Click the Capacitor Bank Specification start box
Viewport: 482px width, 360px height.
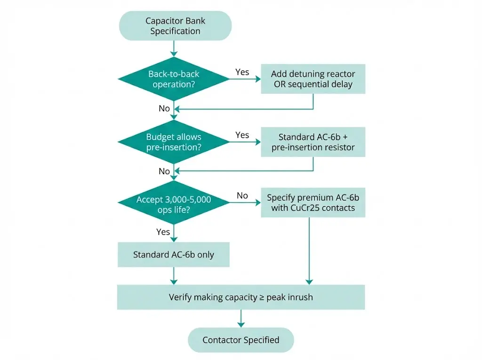click(x=175, y=26)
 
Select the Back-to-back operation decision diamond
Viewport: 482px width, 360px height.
click(x=174, y=79)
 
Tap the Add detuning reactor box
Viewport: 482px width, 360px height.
click(x=313, y=79)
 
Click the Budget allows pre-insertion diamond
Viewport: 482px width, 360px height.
click(x=174, y=142)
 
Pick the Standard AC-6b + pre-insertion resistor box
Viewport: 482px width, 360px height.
click(x=313, y=142)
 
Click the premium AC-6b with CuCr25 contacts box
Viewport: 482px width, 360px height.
click(x=313, y=202)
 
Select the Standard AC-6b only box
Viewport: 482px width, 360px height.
click(x=173, y=255)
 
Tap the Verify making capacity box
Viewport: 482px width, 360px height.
click(x=241, y=297)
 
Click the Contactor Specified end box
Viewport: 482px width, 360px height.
click(x=241, y=340)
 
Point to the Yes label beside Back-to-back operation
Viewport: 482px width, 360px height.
click(x=242, y=72)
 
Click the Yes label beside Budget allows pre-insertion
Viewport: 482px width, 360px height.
click(x=242, y=135)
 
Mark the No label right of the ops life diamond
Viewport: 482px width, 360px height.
click(x=242, y=196)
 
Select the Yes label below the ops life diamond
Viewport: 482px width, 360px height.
click(x=163, y=232)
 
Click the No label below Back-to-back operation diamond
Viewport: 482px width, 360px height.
click(x=164, y=109)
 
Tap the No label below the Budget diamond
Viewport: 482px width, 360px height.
click(x=164, y=171)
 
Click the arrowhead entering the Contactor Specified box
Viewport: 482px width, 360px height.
click(x=241, y=324)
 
